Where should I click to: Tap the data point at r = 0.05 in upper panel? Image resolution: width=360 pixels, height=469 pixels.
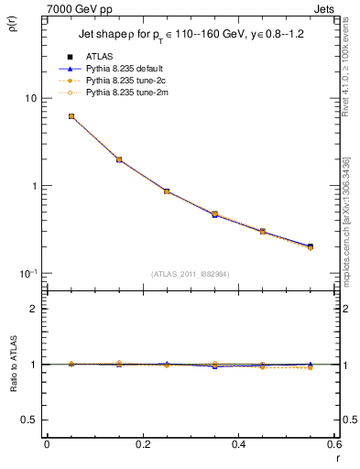[x=71, y=116]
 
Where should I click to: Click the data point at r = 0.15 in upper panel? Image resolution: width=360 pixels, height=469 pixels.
[x=119, y=159]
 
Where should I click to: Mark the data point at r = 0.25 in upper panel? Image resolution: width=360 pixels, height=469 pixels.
[x=167, y=191]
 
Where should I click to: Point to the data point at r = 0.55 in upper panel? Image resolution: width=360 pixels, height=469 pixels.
[x=310, y=246]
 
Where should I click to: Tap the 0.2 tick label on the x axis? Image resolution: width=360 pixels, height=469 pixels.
[x=142, y=444]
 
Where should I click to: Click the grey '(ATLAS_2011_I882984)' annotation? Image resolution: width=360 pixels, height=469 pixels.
[x=191, y=274]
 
